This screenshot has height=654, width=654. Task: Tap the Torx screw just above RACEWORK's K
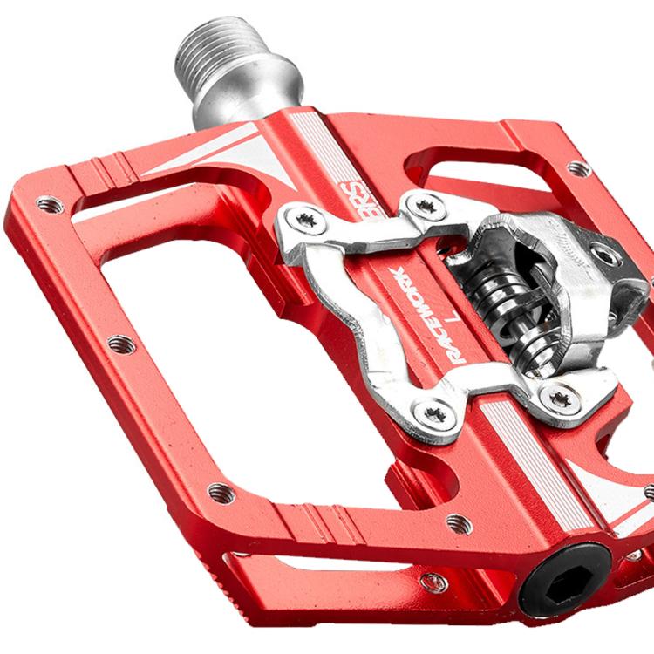pyautogui.click(x=426, y=207)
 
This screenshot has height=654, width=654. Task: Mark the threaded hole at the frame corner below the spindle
pyautogui.click(x=50, y=206)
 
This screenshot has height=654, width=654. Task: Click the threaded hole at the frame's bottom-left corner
pyautogui.click(x=221, y=490)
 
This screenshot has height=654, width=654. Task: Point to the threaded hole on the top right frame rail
pyautogui.click(x=577, y=168)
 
